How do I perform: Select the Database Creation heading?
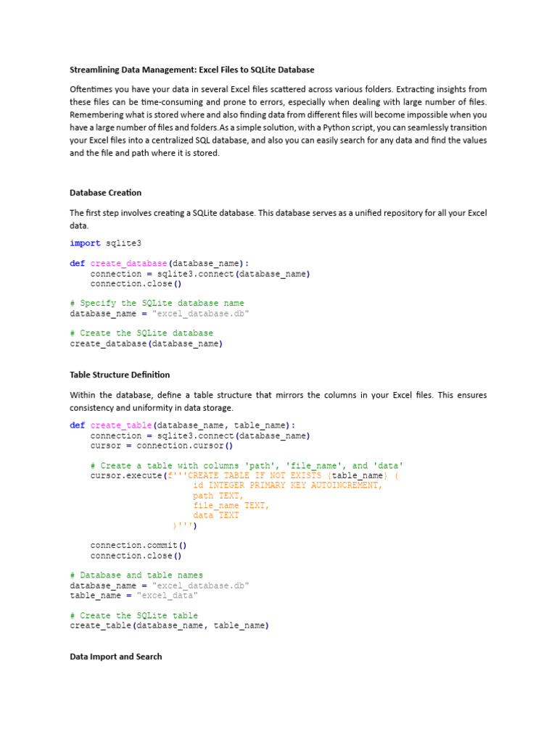pos(106,193)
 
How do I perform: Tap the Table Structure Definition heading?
pos(120,375)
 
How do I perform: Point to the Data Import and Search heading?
pos(116,656)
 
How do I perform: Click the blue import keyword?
pos(85,243)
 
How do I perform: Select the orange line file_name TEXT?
pos(231,506)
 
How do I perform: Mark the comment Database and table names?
pos(136,575)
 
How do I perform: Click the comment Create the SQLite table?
pos(141,615)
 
